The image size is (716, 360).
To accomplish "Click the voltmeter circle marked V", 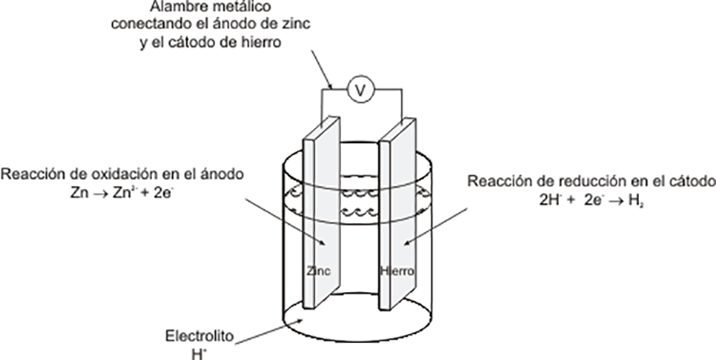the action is pos(361,89).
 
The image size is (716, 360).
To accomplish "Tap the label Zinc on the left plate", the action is pos(319,271).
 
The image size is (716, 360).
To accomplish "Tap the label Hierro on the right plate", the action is pos(397,271).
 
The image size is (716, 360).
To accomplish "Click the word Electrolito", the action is pos(200,337).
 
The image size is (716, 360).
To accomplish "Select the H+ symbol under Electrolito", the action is pos(197,354).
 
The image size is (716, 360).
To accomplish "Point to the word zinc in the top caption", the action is pos(295,24).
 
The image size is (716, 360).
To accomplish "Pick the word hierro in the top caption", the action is pos(262,42).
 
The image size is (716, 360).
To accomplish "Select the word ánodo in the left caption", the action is pos(222,175).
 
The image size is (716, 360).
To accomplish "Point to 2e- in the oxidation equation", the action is pos(163,193).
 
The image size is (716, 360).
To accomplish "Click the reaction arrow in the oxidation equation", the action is pos(98,193).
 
